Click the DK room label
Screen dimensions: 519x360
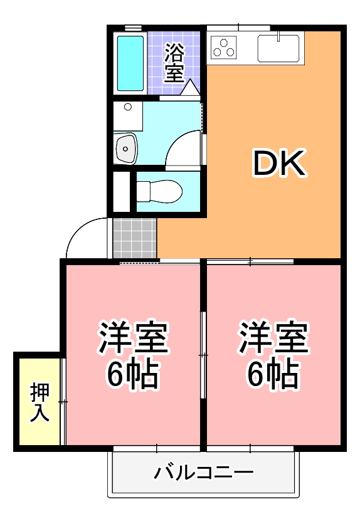279,164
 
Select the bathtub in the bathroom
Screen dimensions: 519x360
130,63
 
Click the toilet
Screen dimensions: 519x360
159,191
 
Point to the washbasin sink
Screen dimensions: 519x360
125,149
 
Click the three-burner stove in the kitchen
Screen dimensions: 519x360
224,47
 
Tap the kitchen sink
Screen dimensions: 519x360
278,48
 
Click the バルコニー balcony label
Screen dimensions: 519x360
204,472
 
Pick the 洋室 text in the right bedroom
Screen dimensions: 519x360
273,337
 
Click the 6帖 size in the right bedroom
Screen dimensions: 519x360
273,375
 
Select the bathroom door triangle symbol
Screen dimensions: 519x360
190,88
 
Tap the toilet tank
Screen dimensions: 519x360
142,191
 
